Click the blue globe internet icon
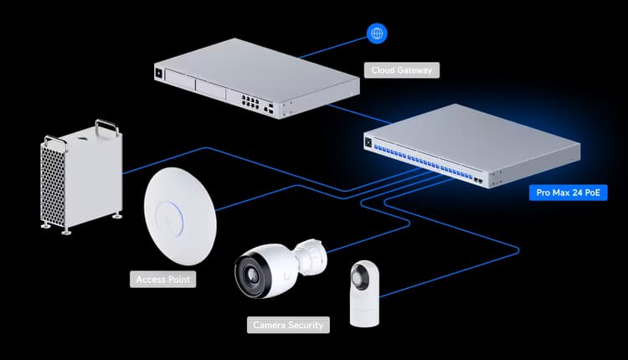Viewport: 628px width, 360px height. pos(377,33)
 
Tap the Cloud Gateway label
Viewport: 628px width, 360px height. pos(402,70)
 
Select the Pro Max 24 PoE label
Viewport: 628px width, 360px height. pos(568,193)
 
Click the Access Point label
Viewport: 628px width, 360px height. pos(163,279)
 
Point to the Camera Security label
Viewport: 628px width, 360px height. pos(288,325)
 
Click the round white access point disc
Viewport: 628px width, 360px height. pos(180,216)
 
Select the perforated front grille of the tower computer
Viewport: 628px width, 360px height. pos(53,184)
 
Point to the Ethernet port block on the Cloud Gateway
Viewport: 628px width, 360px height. pos(250,101)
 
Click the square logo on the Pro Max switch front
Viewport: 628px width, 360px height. pos(368,142)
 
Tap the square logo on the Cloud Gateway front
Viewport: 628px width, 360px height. pos(159,74)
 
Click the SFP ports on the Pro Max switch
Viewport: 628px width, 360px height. pos(478,181)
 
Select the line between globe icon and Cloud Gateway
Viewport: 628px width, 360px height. pos(333,48)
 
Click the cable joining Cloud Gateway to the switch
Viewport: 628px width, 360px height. pos(359,114)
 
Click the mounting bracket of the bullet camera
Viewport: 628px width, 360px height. pos(313,257)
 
